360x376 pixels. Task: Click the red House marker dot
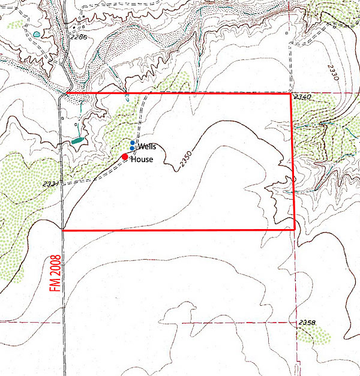click(x=125, y=157)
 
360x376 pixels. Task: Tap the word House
click(x=142, y=160)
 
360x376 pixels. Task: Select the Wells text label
click(x=146, y=146)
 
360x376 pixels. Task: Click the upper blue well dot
click(x=133, y=143)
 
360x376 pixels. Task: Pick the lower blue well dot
click(x=132, y=149)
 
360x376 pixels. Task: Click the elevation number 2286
click(x=78, y=37)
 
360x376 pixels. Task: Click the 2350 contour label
click(x=185, y=160)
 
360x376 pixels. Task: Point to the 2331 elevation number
click(x=51, y=184)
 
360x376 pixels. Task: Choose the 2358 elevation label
click(x=307, y=323)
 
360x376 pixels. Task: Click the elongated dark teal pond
click(x=77, y=140)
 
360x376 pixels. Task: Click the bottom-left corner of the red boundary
click(x=62, y=229)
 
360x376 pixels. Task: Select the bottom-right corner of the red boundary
click(x=295, y=228)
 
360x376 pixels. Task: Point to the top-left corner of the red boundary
click(x=64, y=94)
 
